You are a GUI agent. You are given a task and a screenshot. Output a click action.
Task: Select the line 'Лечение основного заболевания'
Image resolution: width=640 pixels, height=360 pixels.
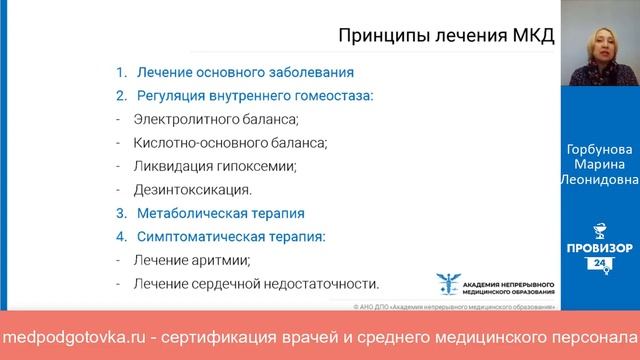244,72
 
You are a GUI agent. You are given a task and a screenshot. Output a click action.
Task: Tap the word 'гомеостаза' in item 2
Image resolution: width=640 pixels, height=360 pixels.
331,95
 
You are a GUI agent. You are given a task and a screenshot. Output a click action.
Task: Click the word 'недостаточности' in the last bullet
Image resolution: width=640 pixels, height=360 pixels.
327,284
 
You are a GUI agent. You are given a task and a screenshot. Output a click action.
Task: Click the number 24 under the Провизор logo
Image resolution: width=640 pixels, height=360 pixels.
601,262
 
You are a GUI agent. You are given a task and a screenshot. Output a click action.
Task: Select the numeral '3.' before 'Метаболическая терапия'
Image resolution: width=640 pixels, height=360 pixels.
120,213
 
